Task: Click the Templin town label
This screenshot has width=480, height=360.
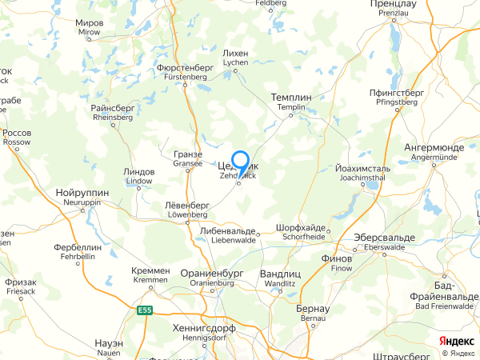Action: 291,102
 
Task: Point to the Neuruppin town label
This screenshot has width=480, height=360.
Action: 79,198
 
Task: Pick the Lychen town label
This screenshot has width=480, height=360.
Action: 236,57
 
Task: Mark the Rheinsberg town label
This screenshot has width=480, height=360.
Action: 112,112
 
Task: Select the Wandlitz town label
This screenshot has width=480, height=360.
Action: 280,278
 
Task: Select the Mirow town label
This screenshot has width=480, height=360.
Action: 90,28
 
